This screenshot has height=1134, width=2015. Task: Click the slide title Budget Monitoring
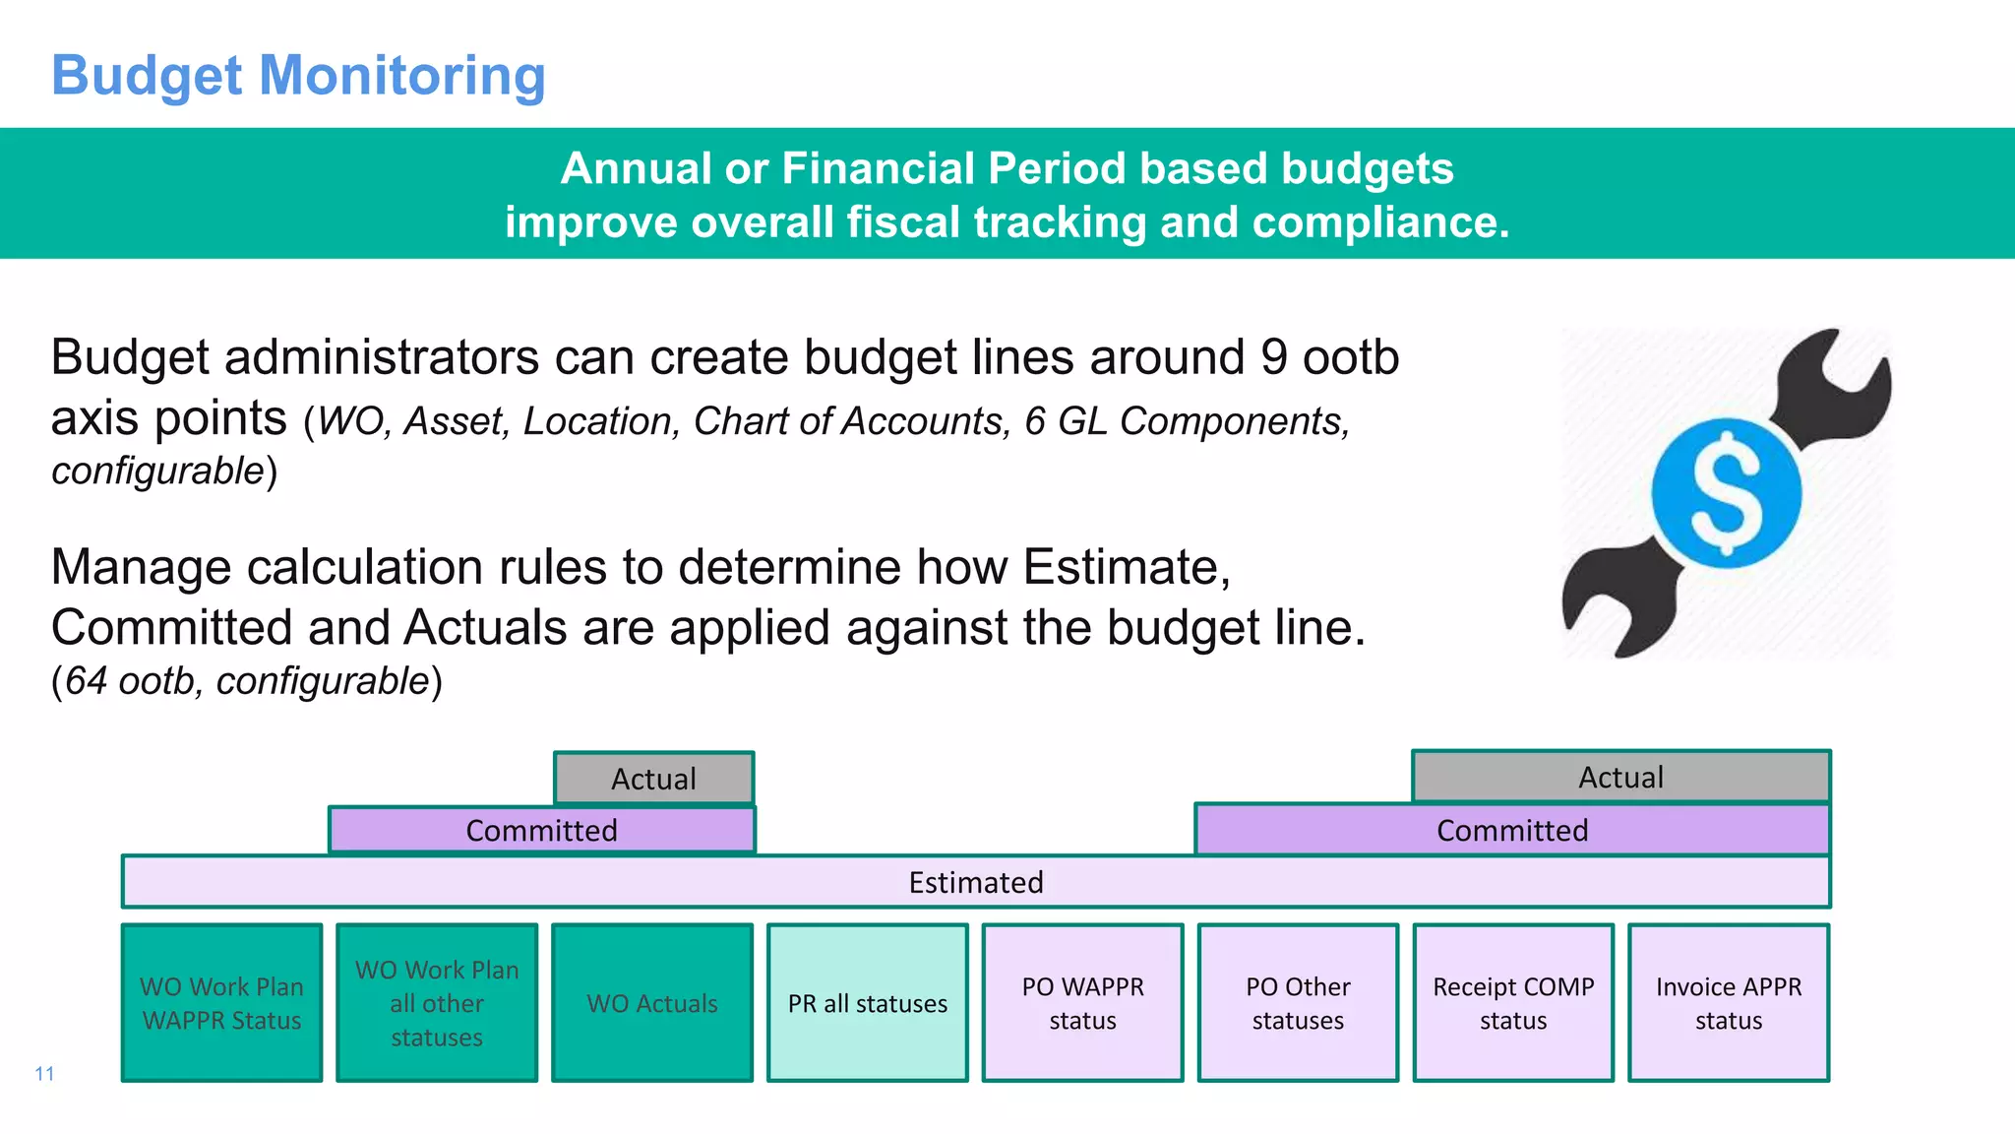pos(298,76)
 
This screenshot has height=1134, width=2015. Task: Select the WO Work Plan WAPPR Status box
pos(222,1003)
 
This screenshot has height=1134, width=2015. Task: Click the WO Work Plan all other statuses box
pos(437,1003)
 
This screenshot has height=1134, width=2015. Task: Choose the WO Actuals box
pos(652,1003)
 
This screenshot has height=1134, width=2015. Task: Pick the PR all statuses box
pos(868,1003)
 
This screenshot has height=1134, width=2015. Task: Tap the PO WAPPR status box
pos(1082,1003)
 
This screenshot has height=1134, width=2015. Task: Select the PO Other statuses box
pos(1298,1003)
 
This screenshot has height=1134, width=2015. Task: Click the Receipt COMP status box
pos(1513,1003)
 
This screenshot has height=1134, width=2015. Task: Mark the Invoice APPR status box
pos(1729,1003)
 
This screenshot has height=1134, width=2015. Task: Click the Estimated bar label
pos(975,882)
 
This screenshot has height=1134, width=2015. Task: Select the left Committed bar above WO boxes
pos(541,830)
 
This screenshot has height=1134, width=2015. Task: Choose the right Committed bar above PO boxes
pos(1512,830)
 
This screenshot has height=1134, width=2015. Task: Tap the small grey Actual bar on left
pos(653,779)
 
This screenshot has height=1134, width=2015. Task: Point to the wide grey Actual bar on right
pos(1620,777)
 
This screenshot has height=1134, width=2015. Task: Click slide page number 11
pos(44,1073)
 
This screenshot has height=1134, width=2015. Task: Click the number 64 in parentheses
pos(87,681)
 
